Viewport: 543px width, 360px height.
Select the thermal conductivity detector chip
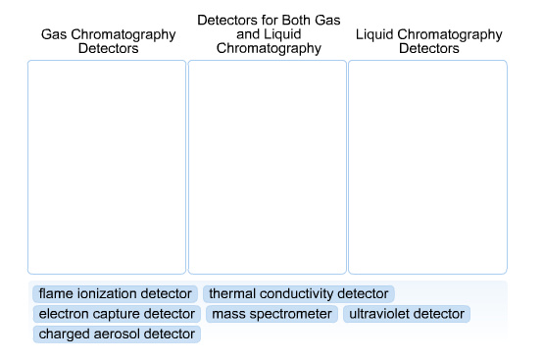(x=298, y=293)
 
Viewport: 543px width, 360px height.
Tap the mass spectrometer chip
(x=271, y=314)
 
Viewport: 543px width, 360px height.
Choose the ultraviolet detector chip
(x=406, y=314)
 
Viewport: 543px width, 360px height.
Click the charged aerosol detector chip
(x=116, y=334)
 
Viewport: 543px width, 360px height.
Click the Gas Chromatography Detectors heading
(x=108, y=41)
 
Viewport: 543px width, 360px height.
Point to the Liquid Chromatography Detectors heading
(x=429, y=41)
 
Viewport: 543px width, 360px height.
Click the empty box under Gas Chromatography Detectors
(x=107, y=167)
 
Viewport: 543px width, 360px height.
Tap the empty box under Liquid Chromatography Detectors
(x=427, y=167)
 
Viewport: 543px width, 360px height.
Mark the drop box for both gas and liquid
(x=267, y=167)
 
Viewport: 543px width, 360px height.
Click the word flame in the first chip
(x=55, y=293)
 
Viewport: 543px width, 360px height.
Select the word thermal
(x=231, y=293)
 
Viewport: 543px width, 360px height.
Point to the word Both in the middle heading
(x=291, y=20)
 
